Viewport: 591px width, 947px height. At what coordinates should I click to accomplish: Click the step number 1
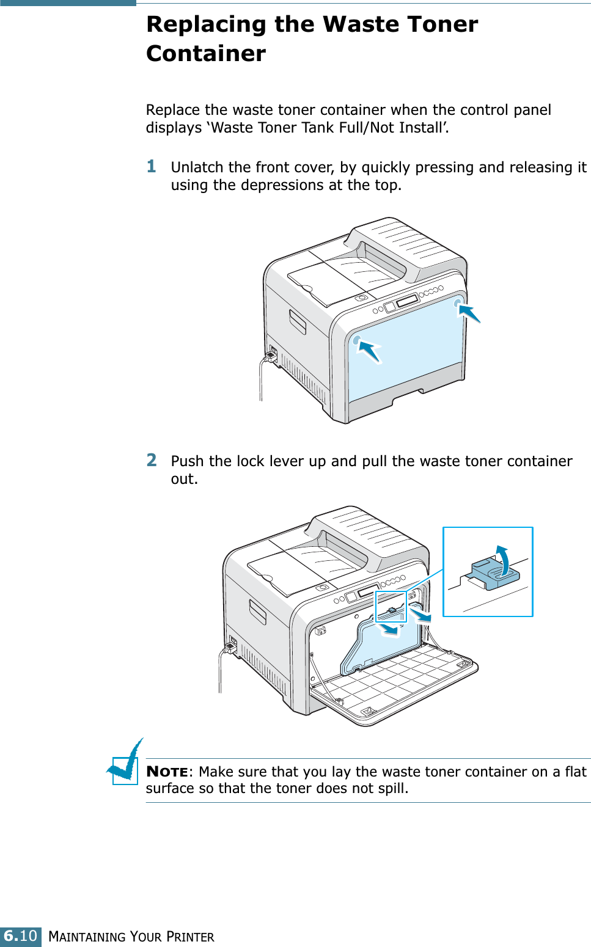(x=152, y=166)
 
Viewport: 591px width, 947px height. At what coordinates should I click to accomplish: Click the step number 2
(x=152, y=459)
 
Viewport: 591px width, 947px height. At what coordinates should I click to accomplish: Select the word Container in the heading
(x=207, y=54)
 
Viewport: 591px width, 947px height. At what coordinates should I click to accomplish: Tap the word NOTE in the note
(x=167, y=772)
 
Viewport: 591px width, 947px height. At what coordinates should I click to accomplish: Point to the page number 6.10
(x=20, y=936)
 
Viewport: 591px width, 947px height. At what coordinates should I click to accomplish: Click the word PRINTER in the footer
(x=190, y=937)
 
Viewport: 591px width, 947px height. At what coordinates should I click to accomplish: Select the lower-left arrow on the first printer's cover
(x=369, y=351)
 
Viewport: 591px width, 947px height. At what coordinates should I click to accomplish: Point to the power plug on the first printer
(x=271, y=355)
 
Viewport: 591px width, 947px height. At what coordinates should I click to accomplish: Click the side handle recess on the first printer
(x=298, y=322)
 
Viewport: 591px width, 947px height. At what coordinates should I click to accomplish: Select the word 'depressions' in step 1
(x=282, y=185)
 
